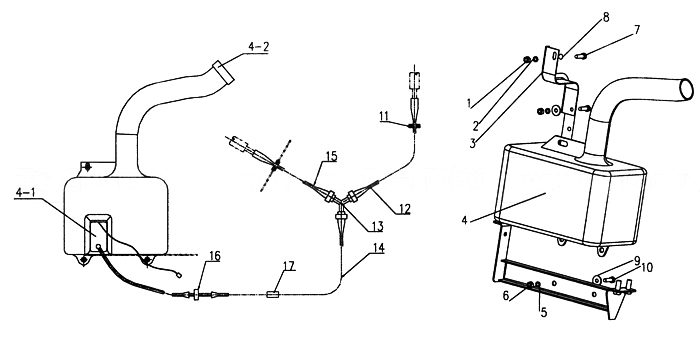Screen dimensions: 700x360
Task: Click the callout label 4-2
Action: coord(258,47)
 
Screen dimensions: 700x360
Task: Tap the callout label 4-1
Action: coord(25,193)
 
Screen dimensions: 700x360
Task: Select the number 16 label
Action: coord(214,256)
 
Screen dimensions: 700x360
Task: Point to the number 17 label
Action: coord(289,266)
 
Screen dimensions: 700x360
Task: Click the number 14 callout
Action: coord(378,248)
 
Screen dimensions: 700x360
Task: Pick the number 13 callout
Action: coord(377,226)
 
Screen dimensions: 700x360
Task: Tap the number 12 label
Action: coord(404,208)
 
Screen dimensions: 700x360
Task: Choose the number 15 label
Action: coord(331,156)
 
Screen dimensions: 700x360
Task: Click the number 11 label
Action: coord(384,116)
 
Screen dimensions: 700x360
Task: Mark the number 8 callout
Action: coord(606,17)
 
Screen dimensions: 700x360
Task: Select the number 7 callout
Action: coord(637,30)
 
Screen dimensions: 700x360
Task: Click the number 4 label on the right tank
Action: coord(464,220)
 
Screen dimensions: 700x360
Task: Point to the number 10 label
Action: coord(646,267)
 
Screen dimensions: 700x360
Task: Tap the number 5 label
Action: coord(544,312)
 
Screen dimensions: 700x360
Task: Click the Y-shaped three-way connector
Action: coord(341,199)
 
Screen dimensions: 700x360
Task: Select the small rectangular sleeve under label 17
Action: coord(273,294)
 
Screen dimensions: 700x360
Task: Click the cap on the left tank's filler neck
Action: coord(223,72)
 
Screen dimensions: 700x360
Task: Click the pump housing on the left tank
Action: coord(98,234)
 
